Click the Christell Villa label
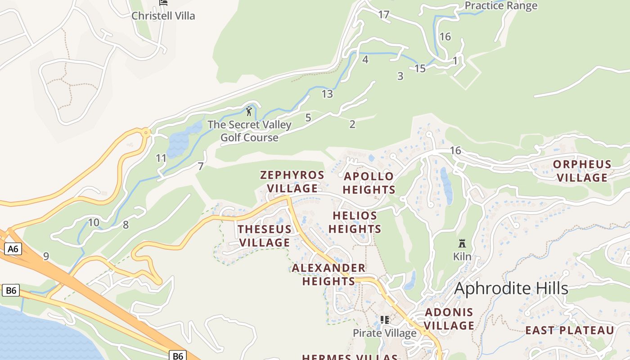[x=163, y=16]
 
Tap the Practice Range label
[x=500, y=5]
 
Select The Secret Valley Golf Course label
[x=249, y=131]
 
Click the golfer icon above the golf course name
[x=249, y=111]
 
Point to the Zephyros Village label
[x=292, y=181]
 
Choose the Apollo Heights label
[x=369, y=183]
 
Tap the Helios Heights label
[x=355, y=222]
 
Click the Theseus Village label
[x=265, y=236]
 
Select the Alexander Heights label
[x=328, y=274]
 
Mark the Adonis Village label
[x=449, y=319]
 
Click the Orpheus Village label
[x=582, y=171]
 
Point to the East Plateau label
[x=569, y=330]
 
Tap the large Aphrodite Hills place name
[x=511, y=288]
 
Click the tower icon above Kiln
[x=462, y=243]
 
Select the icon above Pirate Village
[x=384, y=320]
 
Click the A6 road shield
[x=13, y=249]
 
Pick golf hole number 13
[x=327, y=94]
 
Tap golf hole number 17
[x=383, y=15]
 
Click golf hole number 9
[x=46, y=256]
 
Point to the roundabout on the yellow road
[x=146, y=133]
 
